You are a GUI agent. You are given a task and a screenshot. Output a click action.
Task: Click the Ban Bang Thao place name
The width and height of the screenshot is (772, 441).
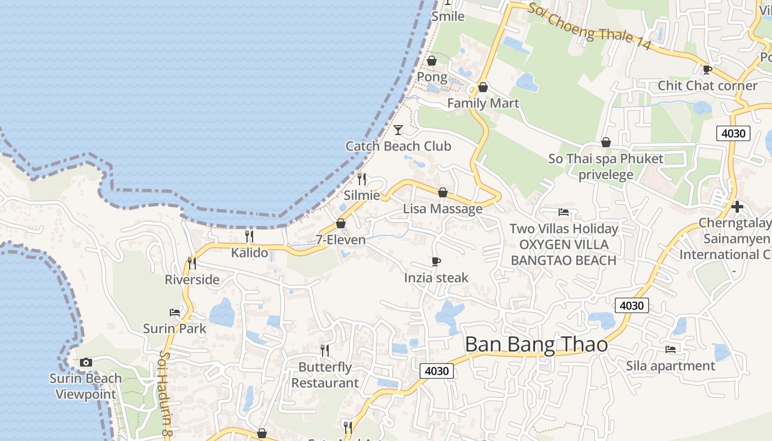click(536, 345)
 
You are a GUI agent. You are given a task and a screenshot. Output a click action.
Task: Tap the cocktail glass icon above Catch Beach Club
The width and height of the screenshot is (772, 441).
click(398, 130)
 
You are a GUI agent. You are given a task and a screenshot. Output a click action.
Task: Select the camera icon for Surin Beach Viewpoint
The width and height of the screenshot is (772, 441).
click(85, 362)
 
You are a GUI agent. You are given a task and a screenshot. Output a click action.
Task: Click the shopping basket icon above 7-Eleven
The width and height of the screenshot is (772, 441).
click(341, 224)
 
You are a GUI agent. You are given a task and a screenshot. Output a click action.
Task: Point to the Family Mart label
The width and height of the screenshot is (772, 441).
click(483, 103)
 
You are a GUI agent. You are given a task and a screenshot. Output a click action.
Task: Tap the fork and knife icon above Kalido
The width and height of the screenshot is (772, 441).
click(249, 236)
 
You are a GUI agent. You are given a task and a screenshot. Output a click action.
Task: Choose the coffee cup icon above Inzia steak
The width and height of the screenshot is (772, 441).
click(436, 261)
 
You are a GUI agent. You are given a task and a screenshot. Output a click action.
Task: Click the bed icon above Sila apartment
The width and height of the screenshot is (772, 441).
click(671, 349)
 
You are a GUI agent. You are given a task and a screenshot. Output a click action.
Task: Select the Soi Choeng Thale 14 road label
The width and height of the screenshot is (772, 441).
click(589, 26)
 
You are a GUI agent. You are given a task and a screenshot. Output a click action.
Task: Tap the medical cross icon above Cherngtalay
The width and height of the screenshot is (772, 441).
click(737, 207)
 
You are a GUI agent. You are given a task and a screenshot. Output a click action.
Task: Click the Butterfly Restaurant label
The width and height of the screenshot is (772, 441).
click(325, 375)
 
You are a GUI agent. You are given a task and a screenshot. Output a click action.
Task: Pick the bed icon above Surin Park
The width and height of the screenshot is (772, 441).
click(175, 313)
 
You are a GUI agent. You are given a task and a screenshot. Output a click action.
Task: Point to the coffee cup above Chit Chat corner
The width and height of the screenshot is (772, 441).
click(707, 69)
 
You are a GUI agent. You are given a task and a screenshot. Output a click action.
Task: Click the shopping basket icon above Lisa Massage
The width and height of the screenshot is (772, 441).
click(442, 192)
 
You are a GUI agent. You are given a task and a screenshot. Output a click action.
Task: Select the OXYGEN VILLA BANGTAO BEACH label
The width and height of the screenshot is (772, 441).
click(564, 252)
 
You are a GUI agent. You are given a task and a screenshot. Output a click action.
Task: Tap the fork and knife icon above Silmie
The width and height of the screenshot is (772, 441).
click(362, 179)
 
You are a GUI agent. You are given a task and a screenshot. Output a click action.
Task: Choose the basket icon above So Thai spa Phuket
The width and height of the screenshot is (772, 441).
click(606, 142)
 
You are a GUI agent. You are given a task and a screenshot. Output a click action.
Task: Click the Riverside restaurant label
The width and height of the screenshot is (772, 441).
click(192, 279)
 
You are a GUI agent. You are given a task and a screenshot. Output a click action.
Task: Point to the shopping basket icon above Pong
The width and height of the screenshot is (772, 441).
click(432, 61)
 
